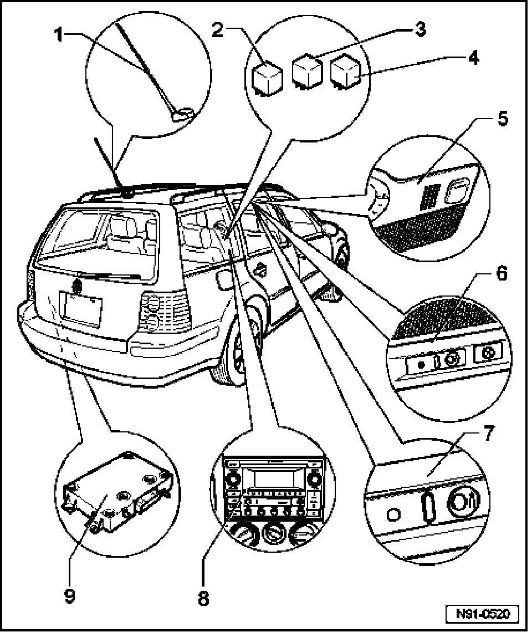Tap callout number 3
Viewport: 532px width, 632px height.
pos(421,29)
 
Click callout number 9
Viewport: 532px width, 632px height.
pos(68,595)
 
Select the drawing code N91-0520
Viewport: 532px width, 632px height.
pos(483,615)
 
